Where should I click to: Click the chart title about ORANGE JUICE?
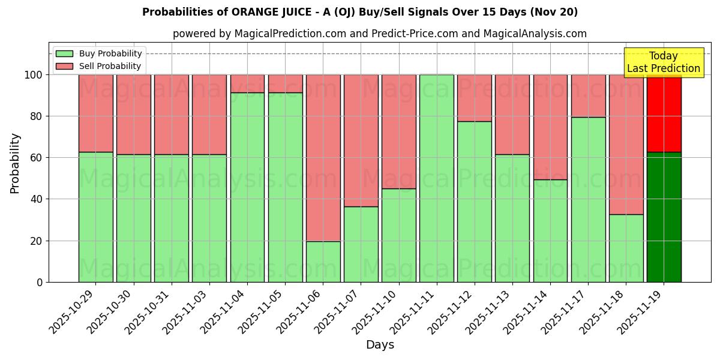click(x=360, y=12)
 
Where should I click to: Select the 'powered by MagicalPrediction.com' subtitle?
click(x=379, y=34)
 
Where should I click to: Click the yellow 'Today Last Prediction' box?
click(x=663, y=62)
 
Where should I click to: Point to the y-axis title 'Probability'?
click(x=15, y=163)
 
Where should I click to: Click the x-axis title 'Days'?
click(x=380, y=345)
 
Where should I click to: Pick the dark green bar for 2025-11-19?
click(x=664, y=217)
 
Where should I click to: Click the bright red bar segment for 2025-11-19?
click(x=664, y=113)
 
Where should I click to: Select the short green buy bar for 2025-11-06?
click(x=323, y=262)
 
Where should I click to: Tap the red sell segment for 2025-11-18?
click(x=626, y=144)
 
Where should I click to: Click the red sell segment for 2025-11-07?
click(x=361, y=140)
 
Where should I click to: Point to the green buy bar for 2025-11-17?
click(x=588, y=199)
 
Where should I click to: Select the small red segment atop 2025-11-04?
click(x=247, y=83)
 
